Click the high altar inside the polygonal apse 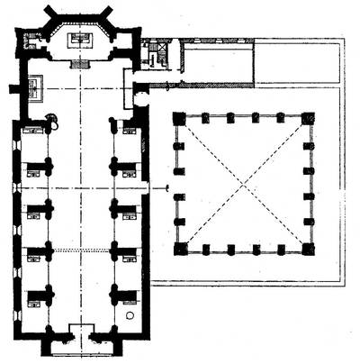(82, 39)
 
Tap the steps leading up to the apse (82, 64)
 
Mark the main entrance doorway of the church (82, 343)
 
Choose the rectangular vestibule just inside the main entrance (82, 330)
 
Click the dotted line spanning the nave (82, 250)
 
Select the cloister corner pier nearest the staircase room (179, 118)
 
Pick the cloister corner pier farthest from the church (309, 249)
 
